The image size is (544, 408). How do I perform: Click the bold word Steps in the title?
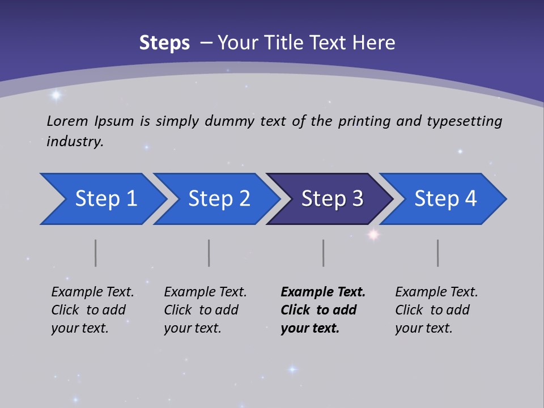[x=164, y=43]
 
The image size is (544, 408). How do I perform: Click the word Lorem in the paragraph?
[x=67, y=121]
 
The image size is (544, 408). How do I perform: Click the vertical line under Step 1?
[x=96, y=253]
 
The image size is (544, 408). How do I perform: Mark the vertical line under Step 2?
[x=209, y=253]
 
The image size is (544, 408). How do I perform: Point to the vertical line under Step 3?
[x=324, y=253]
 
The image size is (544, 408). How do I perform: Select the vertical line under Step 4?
[x=438, y=253]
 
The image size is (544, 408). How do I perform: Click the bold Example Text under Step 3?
[x=323, y=292]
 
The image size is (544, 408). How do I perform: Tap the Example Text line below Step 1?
[x=92, y=292]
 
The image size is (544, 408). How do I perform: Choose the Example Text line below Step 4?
[x=436, y=292]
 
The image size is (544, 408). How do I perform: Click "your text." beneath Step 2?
[x=192, y=328]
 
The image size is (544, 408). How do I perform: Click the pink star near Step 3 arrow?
[x=373, y=233]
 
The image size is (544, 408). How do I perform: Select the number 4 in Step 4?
[x=470, y=199]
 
